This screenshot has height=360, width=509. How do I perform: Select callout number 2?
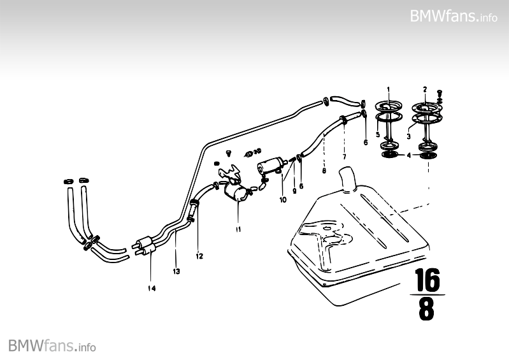coord(424,89)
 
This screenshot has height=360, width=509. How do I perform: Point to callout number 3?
coord(408,136)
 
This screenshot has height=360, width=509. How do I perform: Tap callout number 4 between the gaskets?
coord(408,155)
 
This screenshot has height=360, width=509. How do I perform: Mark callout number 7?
coord(343,156)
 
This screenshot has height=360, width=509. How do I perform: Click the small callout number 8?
coord(324,170)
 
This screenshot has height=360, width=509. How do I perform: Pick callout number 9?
coord(294,190)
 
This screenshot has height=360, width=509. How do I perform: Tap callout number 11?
coord(238,227)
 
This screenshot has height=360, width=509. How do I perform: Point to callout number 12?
coord(199,256)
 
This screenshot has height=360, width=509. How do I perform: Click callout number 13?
coord(176,271)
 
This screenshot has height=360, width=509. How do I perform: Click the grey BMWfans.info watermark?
coord(52,346)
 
